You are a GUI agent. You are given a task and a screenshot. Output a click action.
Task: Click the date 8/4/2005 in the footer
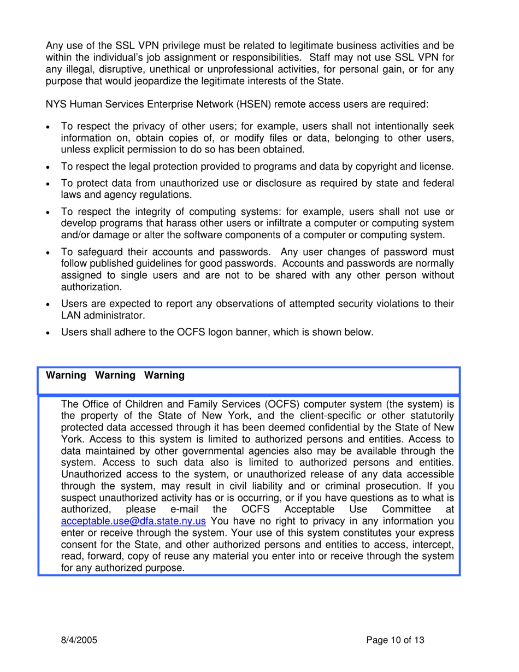tap(79, 640)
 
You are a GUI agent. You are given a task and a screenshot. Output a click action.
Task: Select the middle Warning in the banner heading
tap(115, 376)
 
